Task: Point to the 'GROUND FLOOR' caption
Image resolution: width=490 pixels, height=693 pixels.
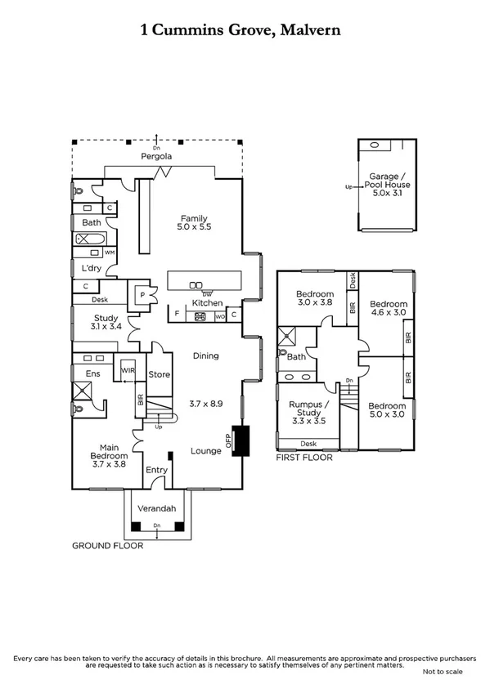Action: coord(107,546)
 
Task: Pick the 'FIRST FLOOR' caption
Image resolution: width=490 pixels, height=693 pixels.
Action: coord(305,458)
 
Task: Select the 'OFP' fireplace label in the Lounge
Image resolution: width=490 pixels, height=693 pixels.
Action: coord(229,441)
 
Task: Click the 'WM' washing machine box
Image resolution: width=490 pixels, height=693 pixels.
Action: coord(109,253)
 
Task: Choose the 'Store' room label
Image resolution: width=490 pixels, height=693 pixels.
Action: coord(159,374)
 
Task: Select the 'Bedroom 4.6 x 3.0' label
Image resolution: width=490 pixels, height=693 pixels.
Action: coord(386,306)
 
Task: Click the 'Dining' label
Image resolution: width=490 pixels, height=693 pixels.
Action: coord(205,355)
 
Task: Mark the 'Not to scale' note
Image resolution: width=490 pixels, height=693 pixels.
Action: coord(442,671)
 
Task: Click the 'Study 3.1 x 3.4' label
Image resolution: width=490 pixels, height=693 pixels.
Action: coord(106,322)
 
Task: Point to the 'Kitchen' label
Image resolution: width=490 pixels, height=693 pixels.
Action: coord(207,303)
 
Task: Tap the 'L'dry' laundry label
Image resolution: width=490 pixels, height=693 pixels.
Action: coord(89,268)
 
